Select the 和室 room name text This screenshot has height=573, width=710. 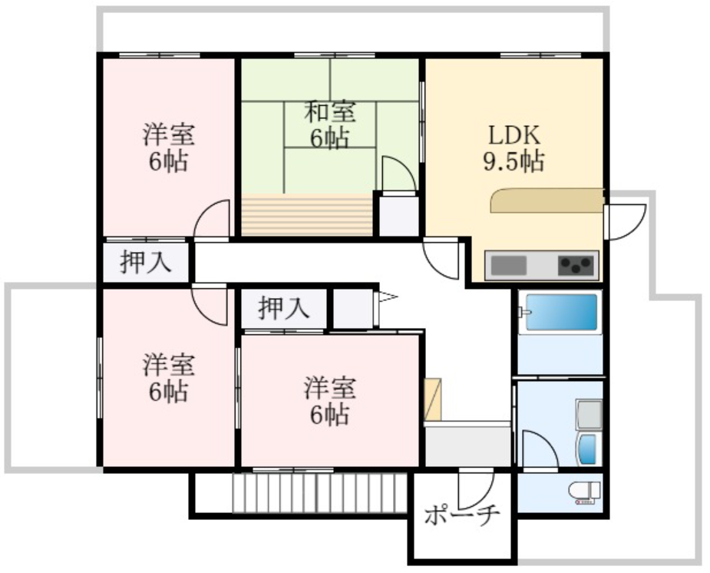click(x=330, y=112)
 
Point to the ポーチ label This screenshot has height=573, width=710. click(x=463, y=514)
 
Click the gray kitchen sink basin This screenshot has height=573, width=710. click(x=508, y=266)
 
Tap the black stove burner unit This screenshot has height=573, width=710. click(x=577, y=266)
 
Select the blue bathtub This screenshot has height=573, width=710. click(x=559, y=312)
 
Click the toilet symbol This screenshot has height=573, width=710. click(x=584, y=492)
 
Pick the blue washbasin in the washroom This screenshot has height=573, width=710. click(x=589, y=449)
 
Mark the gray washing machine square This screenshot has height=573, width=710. click(x=589, y=415)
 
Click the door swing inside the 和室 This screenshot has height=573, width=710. click(x=398, y=174)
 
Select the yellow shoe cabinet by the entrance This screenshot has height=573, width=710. click(x=433, y=399)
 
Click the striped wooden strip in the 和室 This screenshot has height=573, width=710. click(x=306, y=216)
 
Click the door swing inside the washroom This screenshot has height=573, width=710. click(x=539, y=449)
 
